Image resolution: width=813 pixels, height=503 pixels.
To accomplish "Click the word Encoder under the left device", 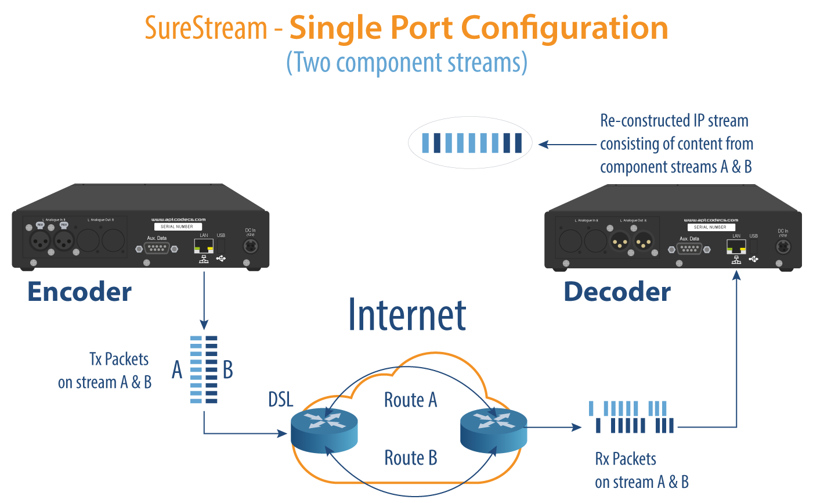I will coord(80,292).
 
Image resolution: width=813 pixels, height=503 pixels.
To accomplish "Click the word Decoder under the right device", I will coord(617,292).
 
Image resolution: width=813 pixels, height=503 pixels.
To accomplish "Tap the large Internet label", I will coord(407,315).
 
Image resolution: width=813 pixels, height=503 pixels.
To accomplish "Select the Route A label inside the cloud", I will coord(410,400).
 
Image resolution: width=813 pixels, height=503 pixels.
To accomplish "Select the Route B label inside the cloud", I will coord(410,458).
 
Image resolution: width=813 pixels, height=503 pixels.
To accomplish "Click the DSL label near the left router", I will coord(281,400).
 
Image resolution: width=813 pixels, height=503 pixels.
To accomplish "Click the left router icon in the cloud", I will coord(324,430).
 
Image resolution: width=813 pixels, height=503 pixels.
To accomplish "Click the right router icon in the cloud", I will coord(493,430).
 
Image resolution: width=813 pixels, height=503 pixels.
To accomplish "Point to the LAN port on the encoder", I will coord(204,246).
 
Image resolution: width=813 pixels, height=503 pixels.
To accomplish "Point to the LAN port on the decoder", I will coord(736,247).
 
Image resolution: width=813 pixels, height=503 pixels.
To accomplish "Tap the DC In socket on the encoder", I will coord(250,246).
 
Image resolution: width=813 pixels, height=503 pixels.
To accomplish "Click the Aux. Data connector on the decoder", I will coord(689,249).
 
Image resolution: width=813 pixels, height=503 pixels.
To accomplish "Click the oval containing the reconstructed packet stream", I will coord(469,143).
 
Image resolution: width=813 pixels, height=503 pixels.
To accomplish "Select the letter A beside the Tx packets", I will coord(177,369).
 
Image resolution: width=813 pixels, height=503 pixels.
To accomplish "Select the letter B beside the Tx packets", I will coord(228,369).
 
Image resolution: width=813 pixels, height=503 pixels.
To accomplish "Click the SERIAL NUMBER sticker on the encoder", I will coord(177,227).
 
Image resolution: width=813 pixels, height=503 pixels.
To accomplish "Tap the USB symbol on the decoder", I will coord(753,258).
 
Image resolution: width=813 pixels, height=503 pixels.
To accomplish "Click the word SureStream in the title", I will coord(205,28).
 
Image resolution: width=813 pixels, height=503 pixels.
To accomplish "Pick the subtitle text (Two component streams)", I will coord(407,62).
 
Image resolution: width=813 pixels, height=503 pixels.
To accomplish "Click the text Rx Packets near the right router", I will coord(626,459).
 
